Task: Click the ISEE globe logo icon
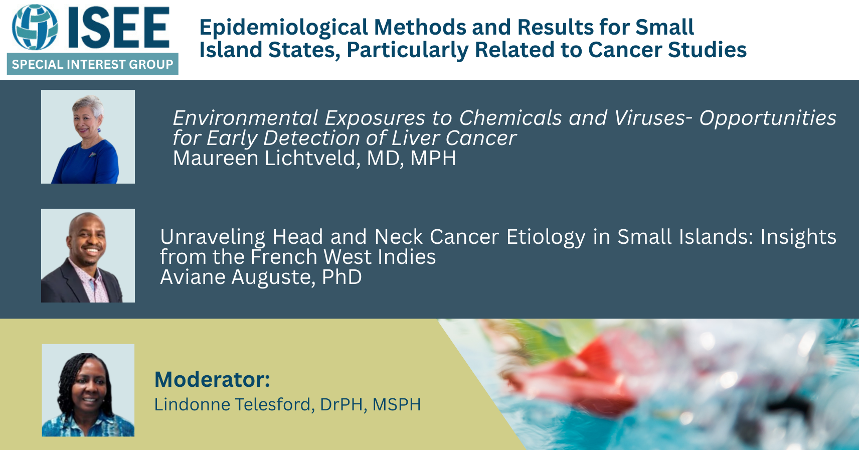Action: coord(35,27)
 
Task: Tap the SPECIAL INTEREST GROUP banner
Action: coord(92,64)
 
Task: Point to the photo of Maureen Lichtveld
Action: coord(88,136)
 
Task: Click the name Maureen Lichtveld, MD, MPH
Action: coord(314,158)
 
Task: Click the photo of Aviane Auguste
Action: coord(88,255)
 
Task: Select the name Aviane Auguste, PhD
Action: coord(261,277)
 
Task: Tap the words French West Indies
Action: coord(343,257)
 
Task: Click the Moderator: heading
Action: coord(212,379)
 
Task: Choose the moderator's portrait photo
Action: coord(88,390)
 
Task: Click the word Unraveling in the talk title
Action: coord(213,237)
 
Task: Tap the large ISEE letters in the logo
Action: coord(118,28)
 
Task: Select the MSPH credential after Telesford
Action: coord(397,405)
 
